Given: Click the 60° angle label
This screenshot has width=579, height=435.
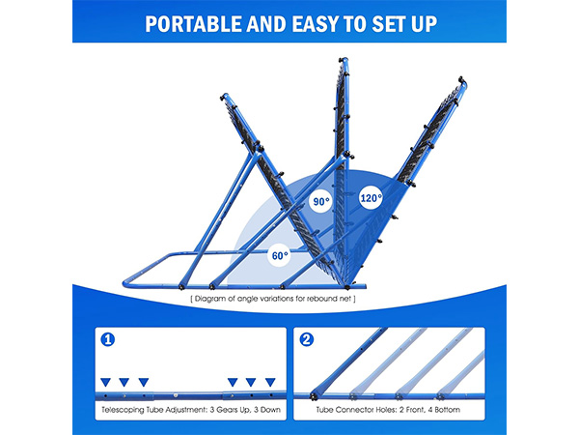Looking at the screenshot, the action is [x=280, y=255].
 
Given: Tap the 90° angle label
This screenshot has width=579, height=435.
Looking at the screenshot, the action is [x=321, y=202].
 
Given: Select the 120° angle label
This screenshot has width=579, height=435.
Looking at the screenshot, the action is [x=371, y=198].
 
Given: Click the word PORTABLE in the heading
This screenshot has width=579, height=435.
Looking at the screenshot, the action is [x=194, y=24].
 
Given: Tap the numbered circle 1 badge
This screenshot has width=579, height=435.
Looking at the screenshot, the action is [x=108, y=339].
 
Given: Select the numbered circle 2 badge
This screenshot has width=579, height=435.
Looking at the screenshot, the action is [x=307, y=339].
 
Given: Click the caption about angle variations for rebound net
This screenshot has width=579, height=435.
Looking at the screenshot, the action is [x=273, y=299].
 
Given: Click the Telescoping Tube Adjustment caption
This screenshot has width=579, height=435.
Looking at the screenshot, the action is [x=191, y=410].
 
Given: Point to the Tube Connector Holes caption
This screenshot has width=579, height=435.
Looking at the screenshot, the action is [x=388, y=410].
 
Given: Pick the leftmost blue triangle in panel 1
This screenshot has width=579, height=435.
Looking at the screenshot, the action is [x=105, y=382].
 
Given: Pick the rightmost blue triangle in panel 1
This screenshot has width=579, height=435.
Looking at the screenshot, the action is [x=270, y=382].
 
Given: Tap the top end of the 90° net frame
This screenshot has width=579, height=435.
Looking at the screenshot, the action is [x=344, y=60].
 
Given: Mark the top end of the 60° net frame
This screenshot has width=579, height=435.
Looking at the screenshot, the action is [x=224, y=96].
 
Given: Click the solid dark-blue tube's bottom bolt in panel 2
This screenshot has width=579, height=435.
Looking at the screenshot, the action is [x=315, y=396].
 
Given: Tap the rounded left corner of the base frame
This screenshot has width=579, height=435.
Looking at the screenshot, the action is [x=126, y=282].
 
